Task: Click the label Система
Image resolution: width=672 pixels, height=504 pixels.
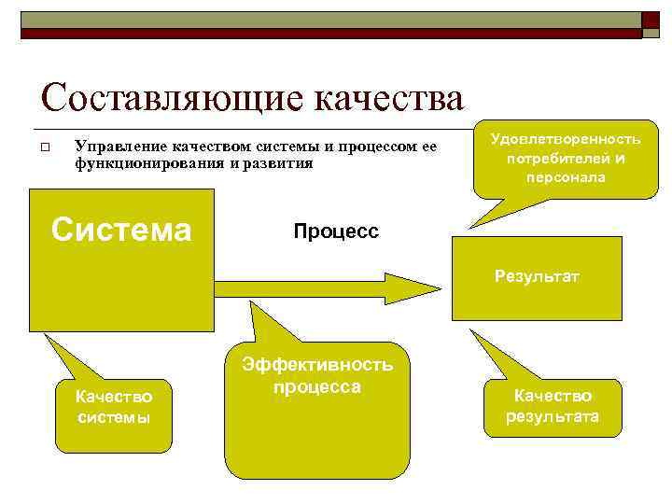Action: coord(121,229)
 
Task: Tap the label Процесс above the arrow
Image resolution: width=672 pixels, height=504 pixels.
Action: coord(336,231)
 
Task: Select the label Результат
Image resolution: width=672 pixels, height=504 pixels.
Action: coord(537,276)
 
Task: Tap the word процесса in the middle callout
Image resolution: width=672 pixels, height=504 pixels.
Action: coord(317,385)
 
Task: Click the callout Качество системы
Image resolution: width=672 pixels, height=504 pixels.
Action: coord(114,407)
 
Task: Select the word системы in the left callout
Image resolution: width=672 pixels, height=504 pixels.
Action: coord(114,417)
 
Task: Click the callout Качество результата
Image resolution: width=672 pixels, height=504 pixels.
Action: coord(553,406)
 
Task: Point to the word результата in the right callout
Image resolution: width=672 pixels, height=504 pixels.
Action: coord(553,416)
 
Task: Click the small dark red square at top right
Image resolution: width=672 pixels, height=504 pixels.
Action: coord(650,21)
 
